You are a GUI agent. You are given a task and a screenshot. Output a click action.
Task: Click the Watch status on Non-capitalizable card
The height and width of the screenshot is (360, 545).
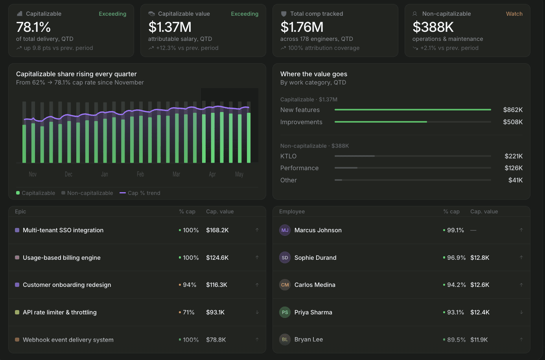(514, 14)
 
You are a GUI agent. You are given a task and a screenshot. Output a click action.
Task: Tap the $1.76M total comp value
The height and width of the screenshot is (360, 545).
(302, 27)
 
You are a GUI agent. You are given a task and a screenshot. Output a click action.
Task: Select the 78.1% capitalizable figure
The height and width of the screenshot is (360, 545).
(33, 27)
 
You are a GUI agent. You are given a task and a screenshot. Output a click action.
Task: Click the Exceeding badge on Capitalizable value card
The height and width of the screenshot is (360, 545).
(245, 14)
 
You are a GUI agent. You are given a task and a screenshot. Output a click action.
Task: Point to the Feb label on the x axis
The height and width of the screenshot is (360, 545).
(140, 174)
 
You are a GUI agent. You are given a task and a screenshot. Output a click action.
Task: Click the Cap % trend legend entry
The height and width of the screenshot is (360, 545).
(140, 193)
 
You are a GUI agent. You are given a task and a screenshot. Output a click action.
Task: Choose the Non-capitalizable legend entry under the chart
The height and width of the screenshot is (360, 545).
(87, 193)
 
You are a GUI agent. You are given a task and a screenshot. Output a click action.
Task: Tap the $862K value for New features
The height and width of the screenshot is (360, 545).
(513, 110)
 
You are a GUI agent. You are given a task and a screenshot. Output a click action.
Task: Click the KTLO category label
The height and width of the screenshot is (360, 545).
(288, 156)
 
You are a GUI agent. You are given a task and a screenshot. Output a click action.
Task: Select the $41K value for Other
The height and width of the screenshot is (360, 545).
(516, 180)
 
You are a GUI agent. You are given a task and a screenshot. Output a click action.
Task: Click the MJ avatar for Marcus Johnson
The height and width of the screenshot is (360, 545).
(285, 230)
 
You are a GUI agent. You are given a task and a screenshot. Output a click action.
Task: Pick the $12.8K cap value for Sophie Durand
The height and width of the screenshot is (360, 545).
(480, 257)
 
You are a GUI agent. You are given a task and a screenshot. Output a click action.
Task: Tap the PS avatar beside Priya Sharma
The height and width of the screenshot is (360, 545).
(285, 312)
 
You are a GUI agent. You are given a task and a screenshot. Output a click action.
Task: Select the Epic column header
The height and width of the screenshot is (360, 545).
(20, 211)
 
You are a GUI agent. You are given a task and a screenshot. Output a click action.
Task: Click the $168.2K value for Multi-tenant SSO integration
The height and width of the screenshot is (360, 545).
(217, 230)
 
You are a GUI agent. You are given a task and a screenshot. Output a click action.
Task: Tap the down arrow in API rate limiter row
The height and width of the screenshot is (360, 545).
(257, 312)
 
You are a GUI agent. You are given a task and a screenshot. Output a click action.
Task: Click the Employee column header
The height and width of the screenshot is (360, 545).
(292, 211)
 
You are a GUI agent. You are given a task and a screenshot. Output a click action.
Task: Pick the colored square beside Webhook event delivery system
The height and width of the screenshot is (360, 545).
(17, 340)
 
